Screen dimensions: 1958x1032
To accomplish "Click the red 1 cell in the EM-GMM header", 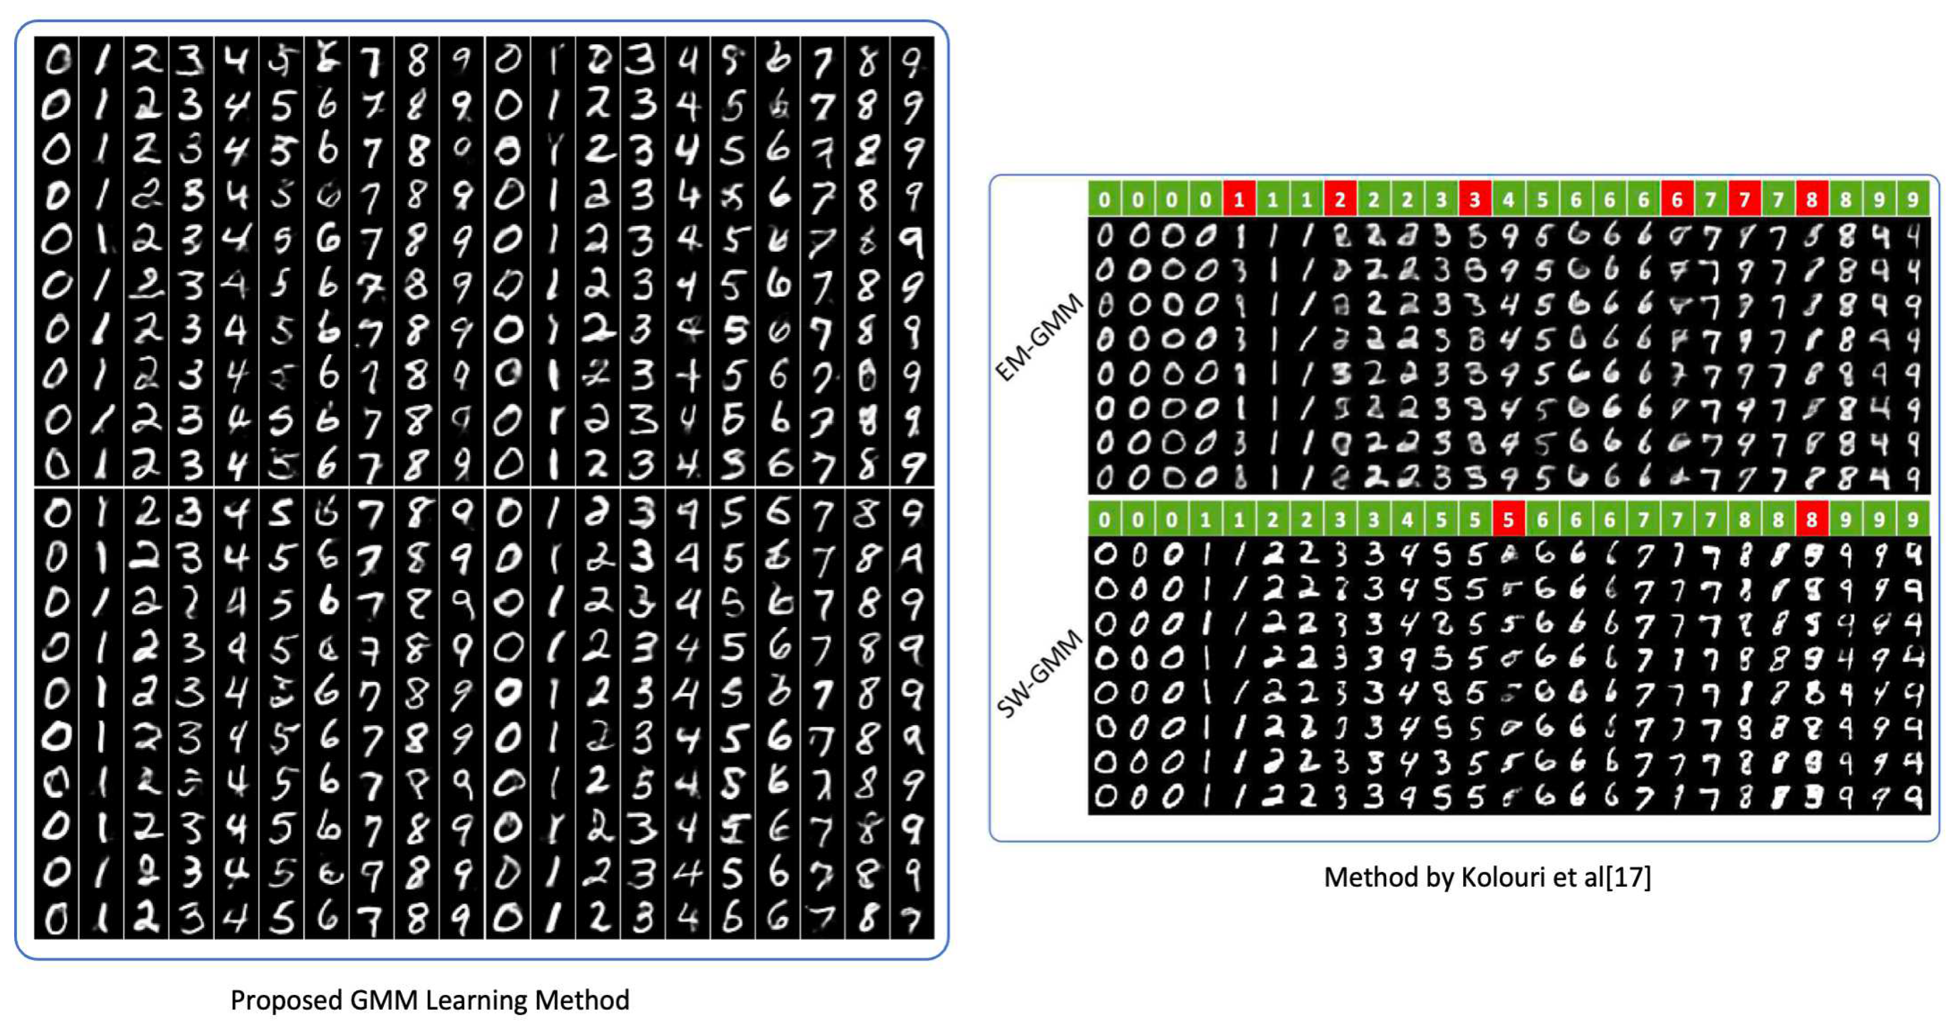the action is (1239, 200).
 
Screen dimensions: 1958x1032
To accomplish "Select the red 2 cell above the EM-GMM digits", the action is (1340, 200).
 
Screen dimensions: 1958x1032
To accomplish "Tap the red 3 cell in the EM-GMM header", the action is (1475, 200).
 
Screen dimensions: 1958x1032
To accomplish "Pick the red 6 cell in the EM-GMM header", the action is (1677, 200).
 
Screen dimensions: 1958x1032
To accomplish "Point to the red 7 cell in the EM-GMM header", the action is (1744, 200).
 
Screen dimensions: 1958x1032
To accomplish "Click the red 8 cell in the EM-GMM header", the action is (1812, 200).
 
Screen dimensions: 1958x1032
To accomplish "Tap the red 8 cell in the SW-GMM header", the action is (1812, 520).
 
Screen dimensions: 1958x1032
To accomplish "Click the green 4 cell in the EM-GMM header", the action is (1509, 200).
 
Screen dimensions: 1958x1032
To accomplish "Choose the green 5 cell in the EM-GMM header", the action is (1542, 200).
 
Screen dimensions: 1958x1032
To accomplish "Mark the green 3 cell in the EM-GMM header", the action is (1441, 200).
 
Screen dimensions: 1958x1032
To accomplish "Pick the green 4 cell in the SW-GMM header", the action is (1407, 520).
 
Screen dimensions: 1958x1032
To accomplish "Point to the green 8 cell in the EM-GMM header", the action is (1845, 200).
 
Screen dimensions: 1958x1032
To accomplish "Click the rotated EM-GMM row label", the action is (1039, 338).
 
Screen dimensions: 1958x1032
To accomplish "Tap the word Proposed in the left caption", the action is (286, 1000).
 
